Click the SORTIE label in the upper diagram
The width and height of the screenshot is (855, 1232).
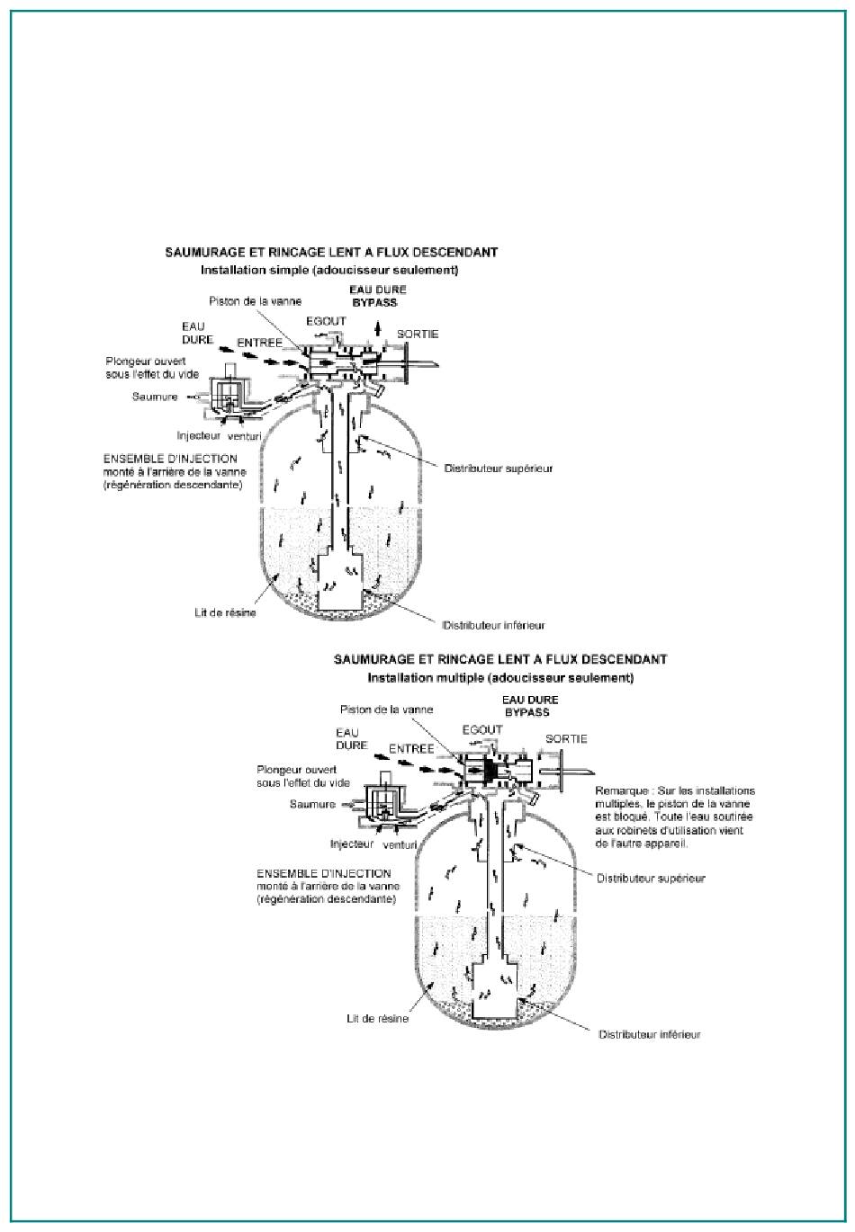[x=418, y=334]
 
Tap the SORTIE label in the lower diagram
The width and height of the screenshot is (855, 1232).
[x=566, y=738]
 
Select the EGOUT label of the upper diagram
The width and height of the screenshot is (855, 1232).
[x=326, y=321]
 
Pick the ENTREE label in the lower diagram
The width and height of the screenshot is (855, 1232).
[x=411, y=748]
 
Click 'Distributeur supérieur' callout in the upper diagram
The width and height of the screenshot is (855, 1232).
[x=499, y=469]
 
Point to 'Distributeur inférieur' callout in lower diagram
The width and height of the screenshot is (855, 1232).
[x=649, y=1034]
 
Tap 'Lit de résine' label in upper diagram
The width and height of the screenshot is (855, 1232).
[x=225, y=612]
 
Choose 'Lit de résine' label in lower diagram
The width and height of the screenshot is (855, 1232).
[x=378, y=1019]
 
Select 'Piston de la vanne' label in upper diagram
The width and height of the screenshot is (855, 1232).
[x=255, y=301]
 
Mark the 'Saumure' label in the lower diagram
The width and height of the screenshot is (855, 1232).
[x=312, y=804]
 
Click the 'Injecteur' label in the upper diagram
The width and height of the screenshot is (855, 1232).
[x=198, y=435]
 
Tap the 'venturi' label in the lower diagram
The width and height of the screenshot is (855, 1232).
[x=399, y=844]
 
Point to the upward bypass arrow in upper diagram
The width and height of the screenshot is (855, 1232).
[x=377, y=329]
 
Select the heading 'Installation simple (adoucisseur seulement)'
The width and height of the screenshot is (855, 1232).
[x=329, y=270]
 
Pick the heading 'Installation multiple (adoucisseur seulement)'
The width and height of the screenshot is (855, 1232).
[x=500, y=678]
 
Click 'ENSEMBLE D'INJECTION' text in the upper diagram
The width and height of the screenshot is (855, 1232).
[x=170, y=459]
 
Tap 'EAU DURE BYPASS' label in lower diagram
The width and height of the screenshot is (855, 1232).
[x=529, y=706]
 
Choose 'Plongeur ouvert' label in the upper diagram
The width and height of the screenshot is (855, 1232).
[x=146, y=362]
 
